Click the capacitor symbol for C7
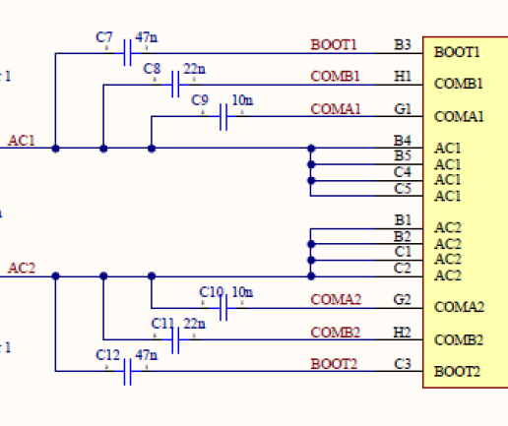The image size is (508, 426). coord(128,53)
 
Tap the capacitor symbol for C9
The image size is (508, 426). coord(223,117)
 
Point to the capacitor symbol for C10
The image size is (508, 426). coord(224,309)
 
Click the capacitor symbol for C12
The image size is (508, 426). coord(128,371)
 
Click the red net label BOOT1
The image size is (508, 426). coord(334,44)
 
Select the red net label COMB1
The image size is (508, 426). coord(335,76)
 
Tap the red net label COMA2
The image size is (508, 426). coord(336,299)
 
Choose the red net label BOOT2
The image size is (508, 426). coord(334,363)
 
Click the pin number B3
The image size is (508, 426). coord(402,44)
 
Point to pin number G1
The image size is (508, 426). coord(402,108)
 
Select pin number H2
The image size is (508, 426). coord(402,332)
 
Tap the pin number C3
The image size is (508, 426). coord(402,363)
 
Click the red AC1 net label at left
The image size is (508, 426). coord(22,141)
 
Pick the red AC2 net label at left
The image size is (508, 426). coord(22,268)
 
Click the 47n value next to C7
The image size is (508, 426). coord(146,37)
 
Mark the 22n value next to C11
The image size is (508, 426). coord(194,324)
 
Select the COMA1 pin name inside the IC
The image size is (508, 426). coord(459,117)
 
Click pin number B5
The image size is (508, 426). coord(402,156)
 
